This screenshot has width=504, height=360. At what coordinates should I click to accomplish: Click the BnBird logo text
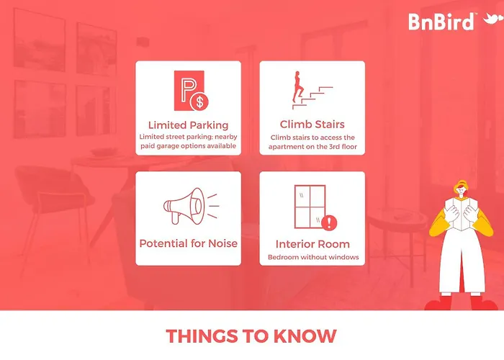click(441, 22)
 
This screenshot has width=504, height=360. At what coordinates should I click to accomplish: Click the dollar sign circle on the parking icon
click(199, 102)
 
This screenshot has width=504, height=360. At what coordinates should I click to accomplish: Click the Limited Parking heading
click(189, 125)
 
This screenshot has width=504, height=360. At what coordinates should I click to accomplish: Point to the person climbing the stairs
click(297, 86)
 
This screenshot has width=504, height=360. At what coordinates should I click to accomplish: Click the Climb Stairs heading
click(312, 125)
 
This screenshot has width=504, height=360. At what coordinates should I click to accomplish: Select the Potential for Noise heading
click(189, 243)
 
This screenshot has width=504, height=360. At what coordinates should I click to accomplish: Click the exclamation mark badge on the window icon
click(329, 222)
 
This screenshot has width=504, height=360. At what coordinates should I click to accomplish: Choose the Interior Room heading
click(312, 244)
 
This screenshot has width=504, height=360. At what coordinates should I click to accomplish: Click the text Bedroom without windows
click(313, 257)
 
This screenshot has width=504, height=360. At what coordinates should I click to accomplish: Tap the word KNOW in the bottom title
click(305, 336)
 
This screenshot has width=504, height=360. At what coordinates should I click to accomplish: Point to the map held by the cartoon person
click(462, 213)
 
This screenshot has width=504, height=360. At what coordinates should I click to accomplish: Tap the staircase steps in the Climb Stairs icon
click(312, 98)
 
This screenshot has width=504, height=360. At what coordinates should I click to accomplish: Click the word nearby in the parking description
click(226, 137)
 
